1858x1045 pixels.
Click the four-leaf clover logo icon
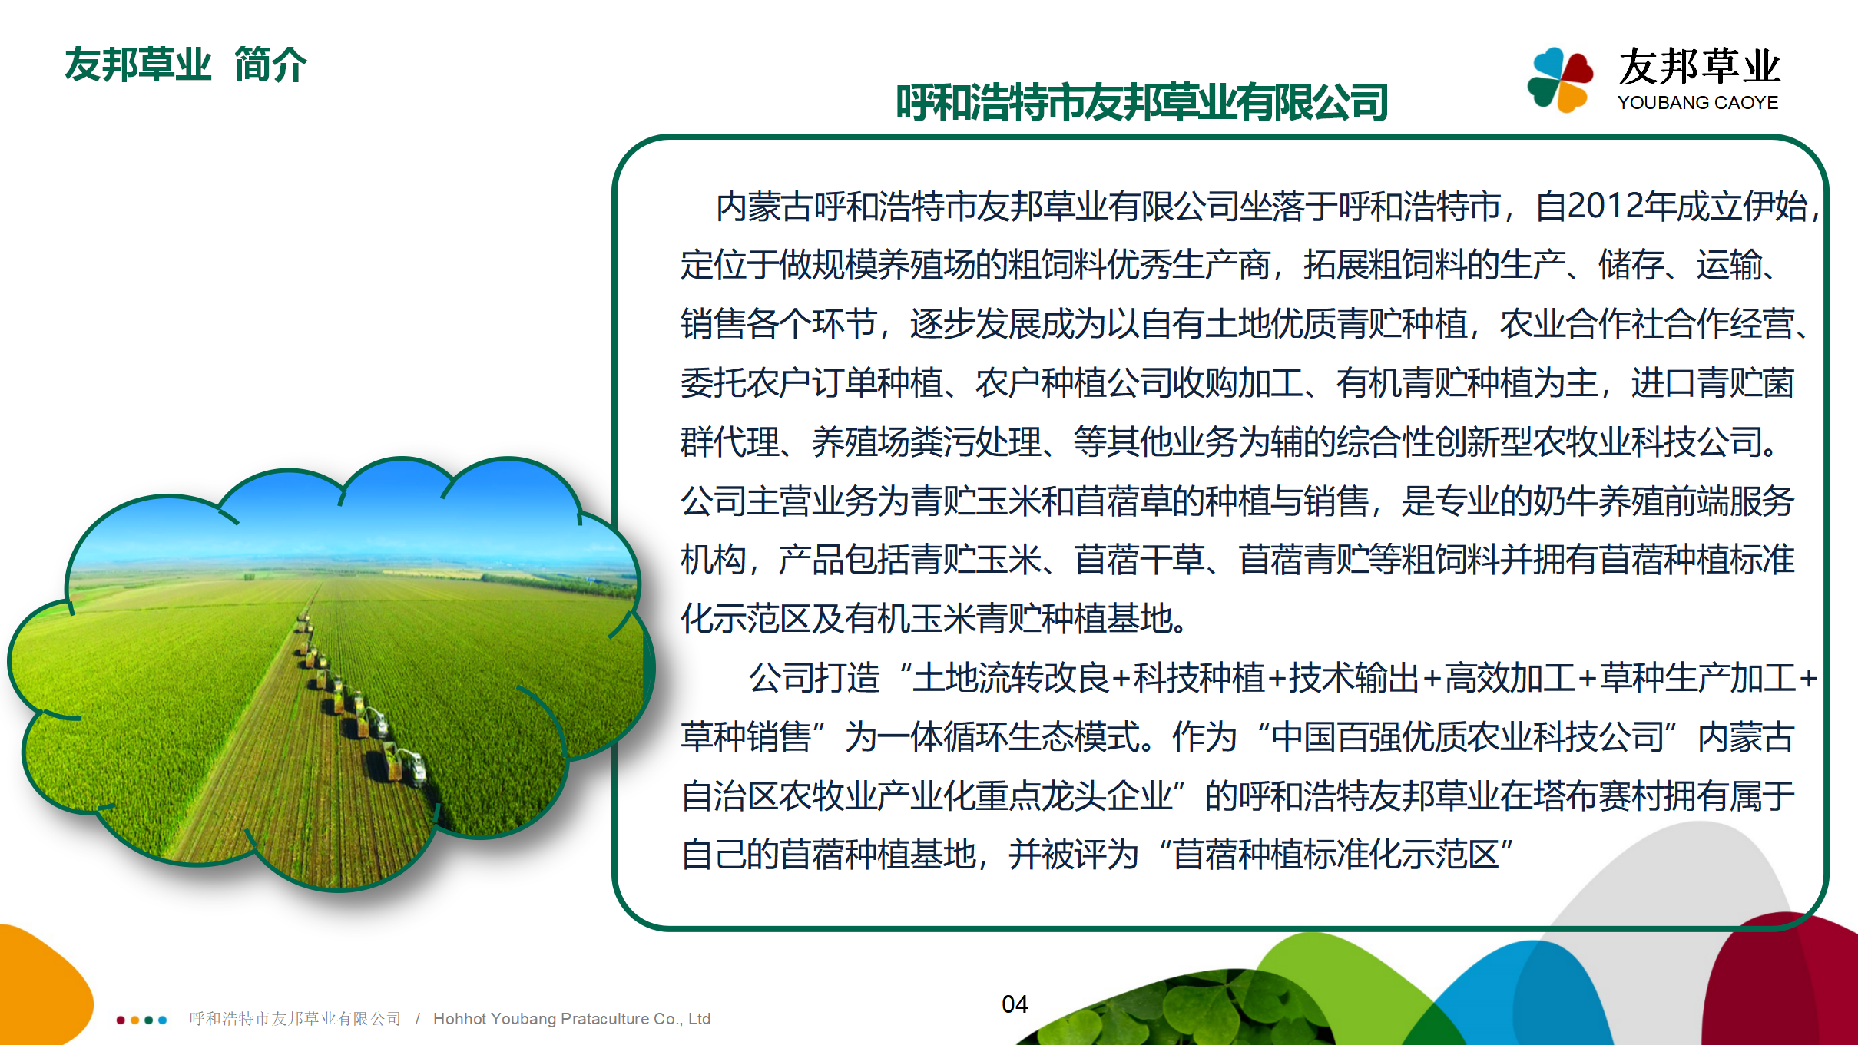tap(1559, 79)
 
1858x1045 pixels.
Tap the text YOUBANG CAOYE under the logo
tap(1697, 103)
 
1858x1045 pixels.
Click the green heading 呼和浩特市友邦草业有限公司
tap(1142, 103)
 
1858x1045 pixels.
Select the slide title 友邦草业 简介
tap(186, 64)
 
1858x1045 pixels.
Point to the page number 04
tap(1015, 1004)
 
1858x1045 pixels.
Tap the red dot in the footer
tap(121, 1020)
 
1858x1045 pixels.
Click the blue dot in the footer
tap(162, 1020)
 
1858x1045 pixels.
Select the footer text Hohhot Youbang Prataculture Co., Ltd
tap(571, 1019)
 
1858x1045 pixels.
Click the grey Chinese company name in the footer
tap(295, 1019)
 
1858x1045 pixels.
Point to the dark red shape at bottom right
tap(1790, 983)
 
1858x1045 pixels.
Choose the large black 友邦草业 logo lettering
tap(1699, 67)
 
